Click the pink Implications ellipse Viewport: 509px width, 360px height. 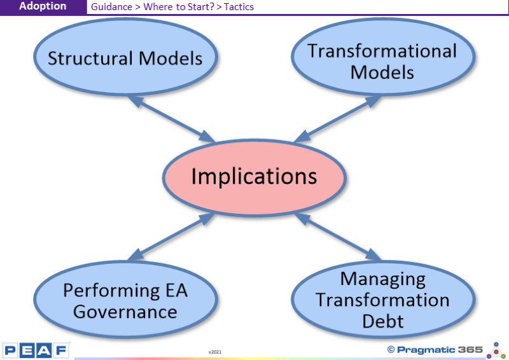pyautogui.click(x=254, y=177)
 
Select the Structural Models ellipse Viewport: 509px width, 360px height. pyautogui.click(x=125, y=57)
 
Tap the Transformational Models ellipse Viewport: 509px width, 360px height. pyautogui.click(x=384, y=57)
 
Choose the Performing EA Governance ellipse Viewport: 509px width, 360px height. pyautogui.click(x=125, y=300)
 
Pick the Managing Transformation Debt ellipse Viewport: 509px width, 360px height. pyautogui.click(x=384, y=300)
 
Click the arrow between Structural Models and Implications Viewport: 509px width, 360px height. pyautogui.click(x=171, y=119)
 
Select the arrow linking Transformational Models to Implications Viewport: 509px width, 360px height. pyautogui.click(x=338, y=119)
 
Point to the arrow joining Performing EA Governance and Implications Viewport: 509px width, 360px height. pyautogui.click(x=171, y=237)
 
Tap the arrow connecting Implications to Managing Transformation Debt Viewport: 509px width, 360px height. pyautogui.click(x=338, y=237)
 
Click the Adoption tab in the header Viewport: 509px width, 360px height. pyautogui.click(x=43, y=6)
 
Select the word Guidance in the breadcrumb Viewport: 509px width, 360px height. pyautogui.click(x=111, y=7)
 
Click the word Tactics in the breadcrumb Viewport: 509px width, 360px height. pyautogui.click(x=239, y=7)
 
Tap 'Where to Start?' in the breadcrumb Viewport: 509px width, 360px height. pyautogui.click(x=179, y=7)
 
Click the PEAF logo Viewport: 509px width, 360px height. pyautogui.click(x=36, y=350)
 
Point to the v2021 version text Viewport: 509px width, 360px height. pyautogui.click(x=215, y=352)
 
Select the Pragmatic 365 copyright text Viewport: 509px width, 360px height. pyautogui.click(x=435, y=350)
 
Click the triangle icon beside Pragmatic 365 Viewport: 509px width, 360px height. pyautogui.click(x=496, y=350)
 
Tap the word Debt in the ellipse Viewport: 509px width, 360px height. pyautogui.click(x=383, y=321)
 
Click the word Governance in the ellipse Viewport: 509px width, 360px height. pyautogui.click(x=125, y=312)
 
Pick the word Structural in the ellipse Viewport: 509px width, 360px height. pyautogui.click(x=90, y=59)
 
